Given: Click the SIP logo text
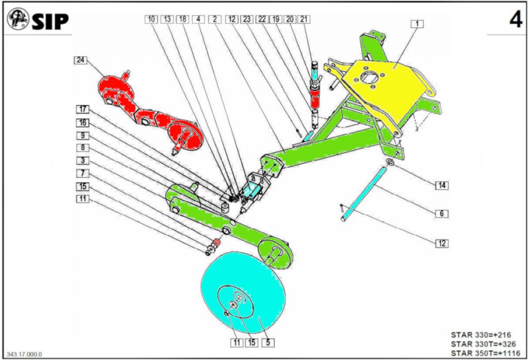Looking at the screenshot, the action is [50, 22].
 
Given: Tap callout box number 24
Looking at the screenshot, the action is [80, 60].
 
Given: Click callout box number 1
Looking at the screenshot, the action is [417, 24].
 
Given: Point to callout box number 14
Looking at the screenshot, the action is [442, 185].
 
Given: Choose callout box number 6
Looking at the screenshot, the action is [442, 213].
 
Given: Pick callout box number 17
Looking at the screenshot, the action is [83, 109].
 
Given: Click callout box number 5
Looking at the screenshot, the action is [268, 343].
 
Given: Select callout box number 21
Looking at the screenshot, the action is [304, 19].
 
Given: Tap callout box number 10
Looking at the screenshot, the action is [151, 19].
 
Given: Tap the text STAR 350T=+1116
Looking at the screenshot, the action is [486, 353].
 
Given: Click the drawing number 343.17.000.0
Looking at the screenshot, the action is [24, 354].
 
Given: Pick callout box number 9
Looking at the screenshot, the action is [83, 136].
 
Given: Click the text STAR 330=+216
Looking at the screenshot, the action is [481, 335].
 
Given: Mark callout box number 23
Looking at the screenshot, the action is [246, 19].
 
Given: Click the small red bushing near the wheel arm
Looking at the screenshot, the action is [217, 242].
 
